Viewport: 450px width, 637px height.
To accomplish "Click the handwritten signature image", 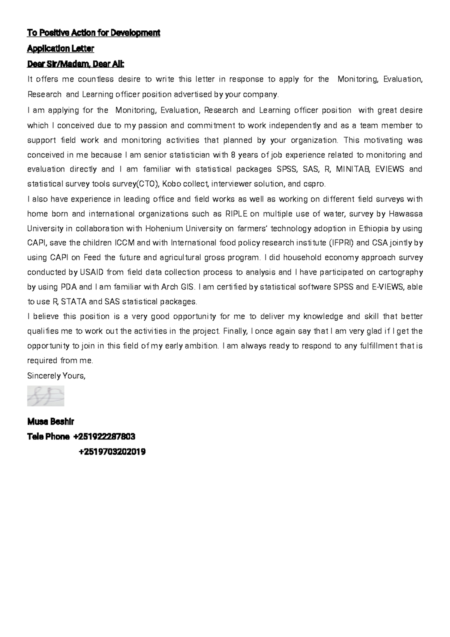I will (46, 396).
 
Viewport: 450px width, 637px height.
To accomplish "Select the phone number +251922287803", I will (104, 437).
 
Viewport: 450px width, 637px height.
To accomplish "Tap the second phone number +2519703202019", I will (112, 452).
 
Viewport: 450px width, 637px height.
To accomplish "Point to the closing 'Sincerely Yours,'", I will (56, 376).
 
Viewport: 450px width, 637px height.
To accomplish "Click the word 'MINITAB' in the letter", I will (353, 169).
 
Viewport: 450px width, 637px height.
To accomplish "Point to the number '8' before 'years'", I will (233, 155).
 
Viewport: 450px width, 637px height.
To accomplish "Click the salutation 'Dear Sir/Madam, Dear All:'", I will (75, 64).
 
